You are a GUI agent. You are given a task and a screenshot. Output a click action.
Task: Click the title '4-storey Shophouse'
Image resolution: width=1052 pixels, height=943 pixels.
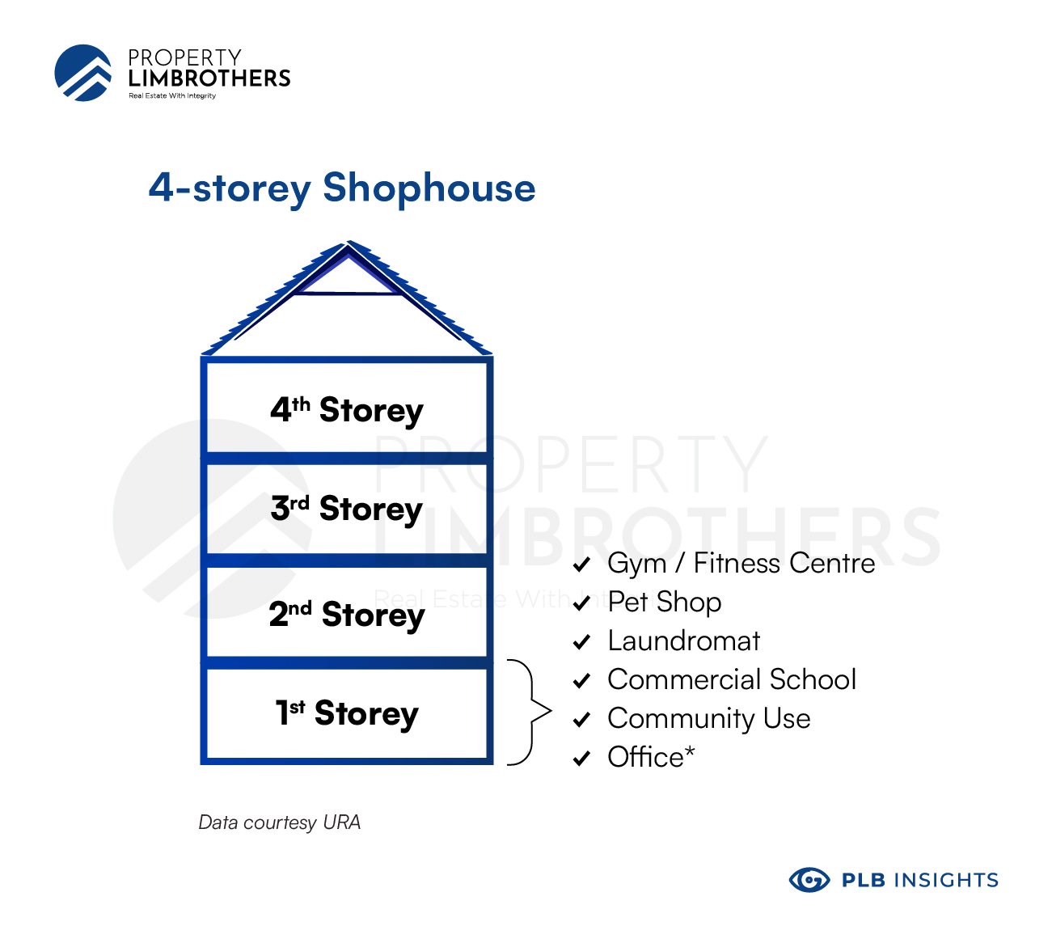(342, 188)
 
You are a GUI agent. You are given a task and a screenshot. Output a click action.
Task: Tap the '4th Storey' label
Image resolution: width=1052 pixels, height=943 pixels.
(346, 410)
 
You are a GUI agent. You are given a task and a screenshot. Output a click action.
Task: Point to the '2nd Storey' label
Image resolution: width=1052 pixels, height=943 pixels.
(346, 615)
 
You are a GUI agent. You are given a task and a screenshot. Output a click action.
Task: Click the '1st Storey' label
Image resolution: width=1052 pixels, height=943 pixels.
(346, 713)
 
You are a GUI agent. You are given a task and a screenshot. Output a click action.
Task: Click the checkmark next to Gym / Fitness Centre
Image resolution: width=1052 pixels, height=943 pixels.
(581, 564)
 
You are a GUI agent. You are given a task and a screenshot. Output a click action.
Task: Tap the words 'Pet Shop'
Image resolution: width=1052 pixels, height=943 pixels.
(664, 602)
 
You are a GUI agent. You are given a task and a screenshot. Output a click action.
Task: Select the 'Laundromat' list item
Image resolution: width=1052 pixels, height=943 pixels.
(683, 641)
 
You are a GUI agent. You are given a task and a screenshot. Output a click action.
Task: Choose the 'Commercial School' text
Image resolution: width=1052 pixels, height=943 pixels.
(732, 679)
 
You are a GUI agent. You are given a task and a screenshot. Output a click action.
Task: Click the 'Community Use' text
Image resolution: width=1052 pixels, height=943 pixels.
(709, 719)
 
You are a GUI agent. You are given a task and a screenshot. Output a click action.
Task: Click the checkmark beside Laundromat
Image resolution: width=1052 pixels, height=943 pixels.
(581, 642)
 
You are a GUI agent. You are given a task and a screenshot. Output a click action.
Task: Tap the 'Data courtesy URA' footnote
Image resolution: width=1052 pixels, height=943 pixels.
(279, 822)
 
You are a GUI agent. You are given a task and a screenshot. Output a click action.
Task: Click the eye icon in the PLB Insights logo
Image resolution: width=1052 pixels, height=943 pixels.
(809, 880)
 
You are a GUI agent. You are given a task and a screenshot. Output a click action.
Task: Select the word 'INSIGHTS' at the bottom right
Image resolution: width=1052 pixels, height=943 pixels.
(947, 880)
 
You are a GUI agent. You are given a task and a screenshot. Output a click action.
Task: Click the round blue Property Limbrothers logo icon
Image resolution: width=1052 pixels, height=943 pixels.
(83, 73)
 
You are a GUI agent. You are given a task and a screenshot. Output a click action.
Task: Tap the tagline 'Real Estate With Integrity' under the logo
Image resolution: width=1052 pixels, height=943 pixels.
(172, 95)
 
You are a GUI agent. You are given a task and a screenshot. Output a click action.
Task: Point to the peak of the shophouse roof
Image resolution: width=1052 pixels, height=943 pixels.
(349, 241)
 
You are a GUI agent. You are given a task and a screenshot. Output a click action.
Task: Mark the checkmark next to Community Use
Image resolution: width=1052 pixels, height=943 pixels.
(581, 720)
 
